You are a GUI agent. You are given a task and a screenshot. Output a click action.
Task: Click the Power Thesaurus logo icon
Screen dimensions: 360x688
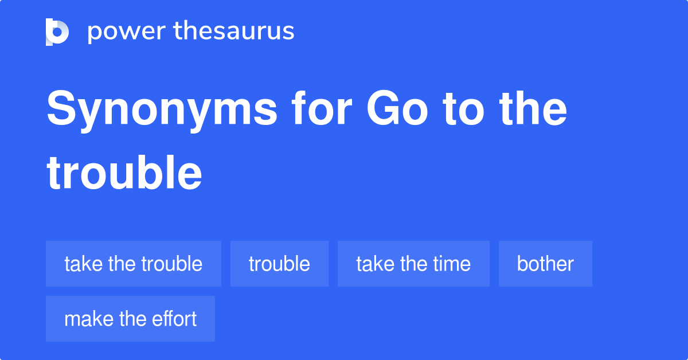pyautogui.click(x=57, y=32)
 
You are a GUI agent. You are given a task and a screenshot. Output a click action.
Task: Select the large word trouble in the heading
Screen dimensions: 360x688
pyautogui.click(x=124, y=173)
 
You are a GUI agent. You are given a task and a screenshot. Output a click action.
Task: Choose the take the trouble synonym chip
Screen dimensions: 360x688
pyautogui.click(x=134, y=264)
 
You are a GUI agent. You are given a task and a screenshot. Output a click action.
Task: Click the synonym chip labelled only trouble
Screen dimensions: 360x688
pyautogui.click(x=279, y=264)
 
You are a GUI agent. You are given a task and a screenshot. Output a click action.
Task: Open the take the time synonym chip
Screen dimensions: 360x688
pyautogui.click(x=413, y=264)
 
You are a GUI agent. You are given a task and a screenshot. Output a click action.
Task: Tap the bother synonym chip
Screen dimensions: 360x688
pyautogui.click(x=545, y=264)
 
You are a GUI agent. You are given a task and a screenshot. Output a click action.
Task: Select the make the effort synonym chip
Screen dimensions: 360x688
pyautogui.click(x=130, y=319)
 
